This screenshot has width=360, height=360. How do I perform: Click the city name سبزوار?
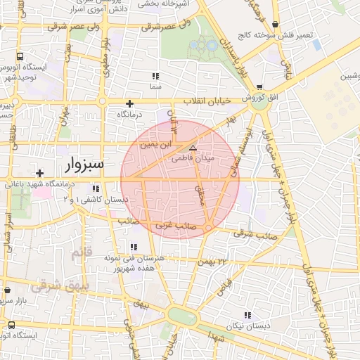point(75,165)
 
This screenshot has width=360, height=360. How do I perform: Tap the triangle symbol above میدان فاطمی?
point(193,148)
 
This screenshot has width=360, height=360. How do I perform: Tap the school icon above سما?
point(155,75)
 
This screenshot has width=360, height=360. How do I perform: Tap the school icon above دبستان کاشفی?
point(96,188)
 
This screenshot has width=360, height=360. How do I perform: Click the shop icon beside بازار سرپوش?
point(7,290)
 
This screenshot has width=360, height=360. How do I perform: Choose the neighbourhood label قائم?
point(82,251)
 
